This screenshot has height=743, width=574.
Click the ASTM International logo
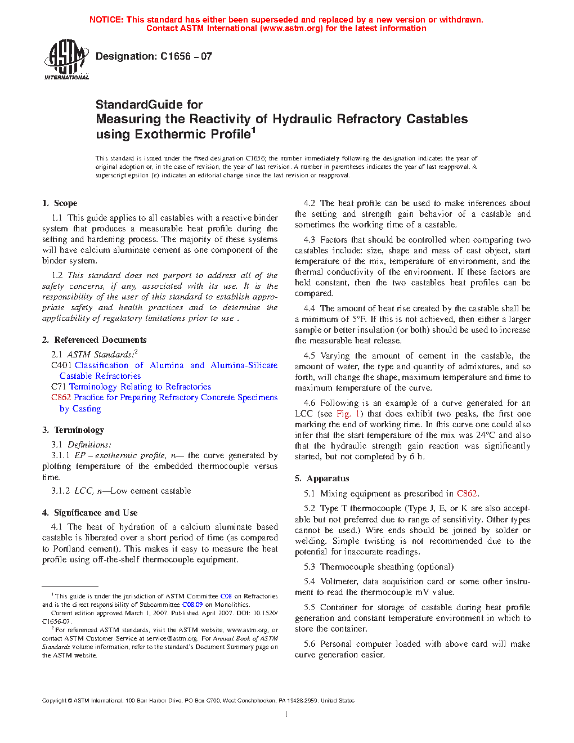(x=66, y=59)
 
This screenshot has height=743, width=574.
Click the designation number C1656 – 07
(x=186, y=56)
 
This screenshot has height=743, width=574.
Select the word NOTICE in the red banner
(x=106, y=20)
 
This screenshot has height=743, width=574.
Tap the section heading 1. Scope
(x=60, y=203)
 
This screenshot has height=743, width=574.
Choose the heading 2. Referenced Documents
(x=94, y=340)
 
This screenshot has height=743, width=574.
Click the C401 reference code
(x=61, y=365)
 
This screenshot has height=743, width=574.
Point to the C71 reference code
(x=59, y=387)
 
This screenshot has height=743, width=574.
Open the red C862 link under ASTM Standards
(x=61, y=397)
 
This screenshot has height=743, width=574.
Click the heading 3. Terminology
(x=73, y=430)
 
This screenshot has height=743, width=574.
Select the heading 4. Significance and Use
(x=89, y=513)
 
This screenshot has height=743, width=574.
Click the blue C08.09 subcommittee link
(x=192, y=605)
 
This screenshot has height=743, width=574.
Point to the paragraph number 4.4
(x=310, y=308)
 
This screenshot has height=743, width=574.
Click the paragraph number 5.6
(x=310, y=644)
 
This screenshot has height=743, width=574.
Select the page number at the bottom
(x=286, y=714)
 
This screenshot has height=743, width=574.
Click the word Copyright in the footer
(x=54, y=701)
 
